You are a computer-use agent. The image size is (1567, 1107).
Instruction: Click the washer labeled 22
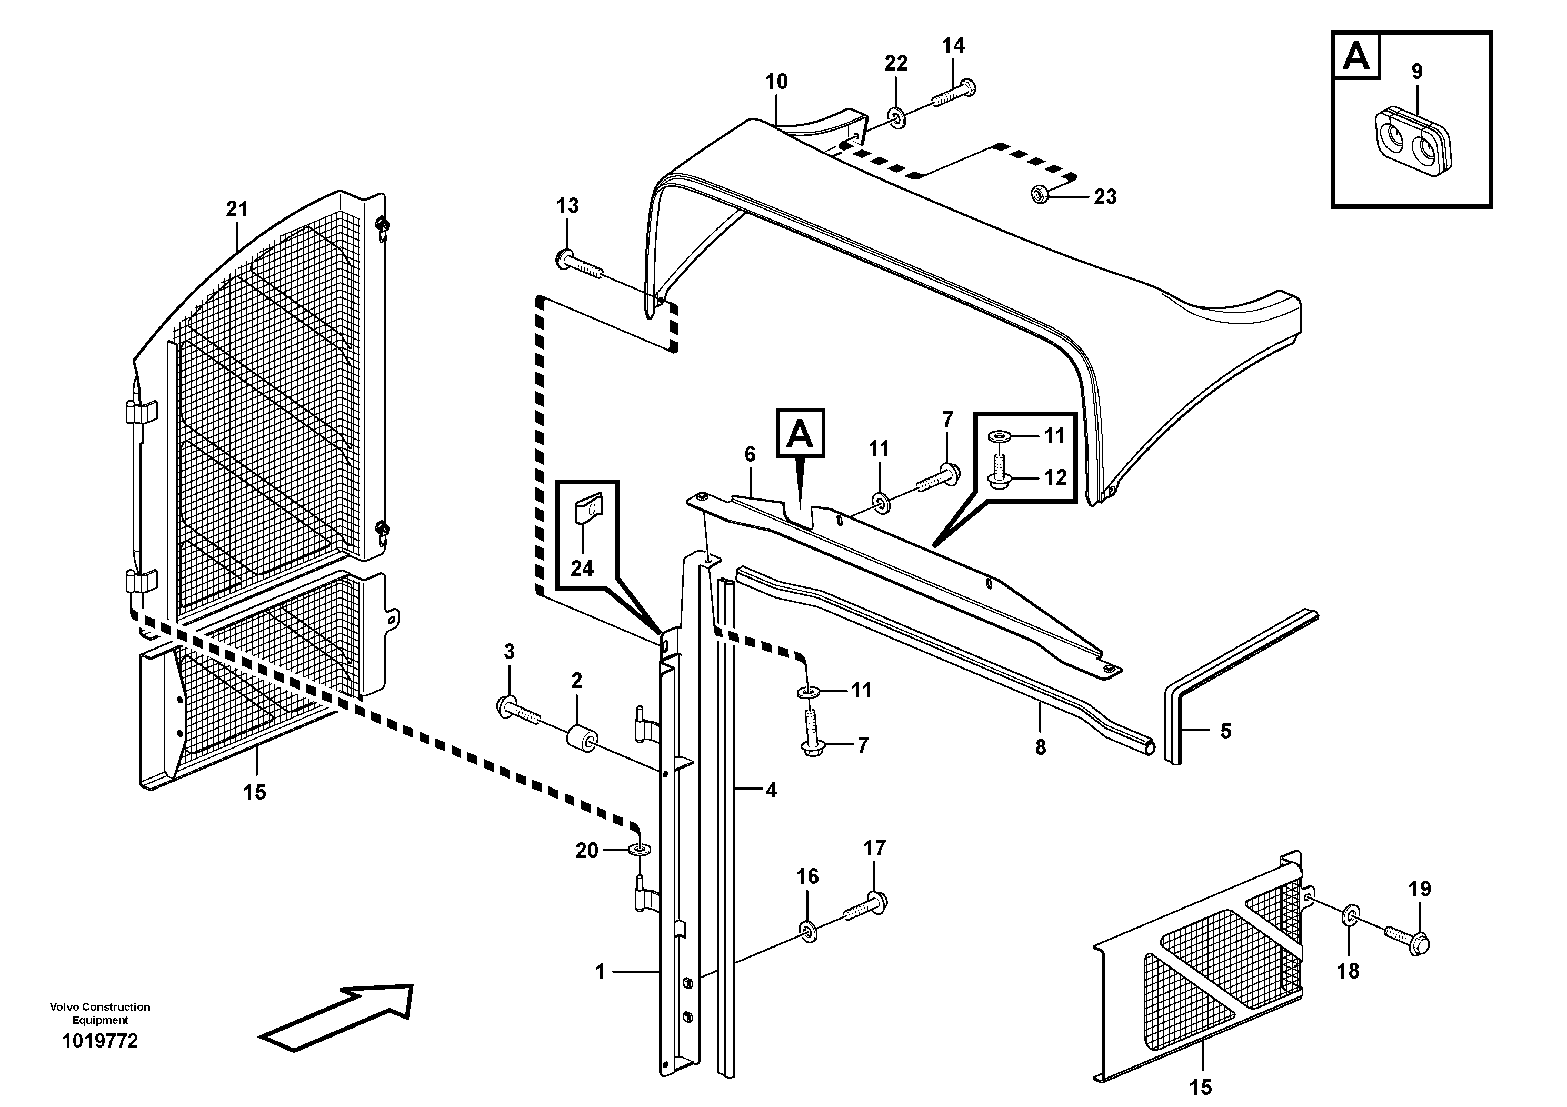pos(896,118)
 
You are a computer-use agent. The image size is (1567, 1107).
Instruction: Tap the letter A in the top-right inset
pos(1355,57)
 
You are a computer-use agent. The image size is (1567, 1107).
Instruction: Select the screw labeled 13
pos(581,267)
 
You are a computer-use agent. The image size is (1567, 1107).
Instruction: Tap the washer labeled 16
pos(807,932)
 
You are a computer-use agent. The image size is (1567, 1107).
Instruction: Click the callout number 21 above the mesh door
pos(237,209)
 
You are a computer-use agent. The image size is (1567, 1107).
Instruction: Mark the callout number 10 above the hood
pos(776,82)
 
